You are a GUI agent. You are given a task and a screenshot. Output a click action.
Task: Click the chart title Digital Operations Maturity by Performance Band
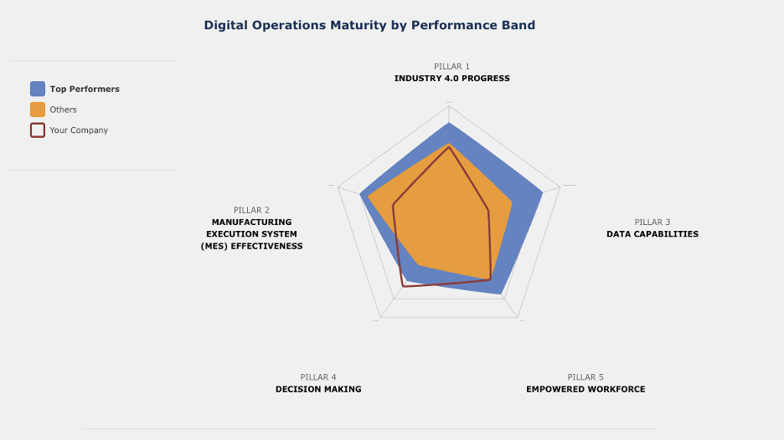369,25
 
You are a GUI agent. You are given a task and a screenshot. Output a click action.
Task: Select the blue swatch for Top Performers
38,89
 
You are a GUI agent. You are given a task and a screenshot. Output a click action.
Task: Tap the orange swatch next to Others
38,110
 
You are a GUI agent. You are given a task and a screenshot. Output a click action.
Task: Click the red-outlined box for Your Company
38,130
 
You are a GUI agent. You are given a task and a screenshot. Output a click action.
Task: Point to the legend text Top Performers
85,89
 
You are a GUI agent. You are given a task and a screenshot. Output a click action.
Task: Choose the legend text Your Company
79,130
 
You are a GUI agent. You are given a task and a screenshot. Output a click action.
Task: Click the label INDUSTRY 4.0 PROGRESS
451,79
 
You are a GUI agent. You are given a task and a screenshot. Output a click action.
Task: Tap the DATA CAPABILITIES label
652,234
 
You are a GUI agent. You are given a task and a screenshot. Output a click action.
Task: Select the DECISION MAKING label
318,389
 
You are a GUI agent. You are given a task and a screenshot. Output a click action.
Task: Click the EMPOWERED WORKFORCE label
585,389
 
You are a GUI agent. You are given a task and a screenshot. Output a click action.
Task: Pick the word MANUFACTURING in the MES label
251,223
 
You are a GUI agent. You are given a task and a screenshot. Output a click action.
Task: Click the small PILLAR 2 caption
251,210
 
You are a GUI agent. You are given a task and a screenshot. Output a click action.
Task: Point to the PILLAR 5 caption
585,377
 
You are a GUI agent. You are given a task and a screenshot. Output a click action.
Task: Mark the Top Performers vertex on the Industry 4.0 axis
449,123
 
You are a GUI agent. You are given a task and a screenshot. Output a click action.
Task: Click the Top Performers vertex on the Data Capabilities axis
543,192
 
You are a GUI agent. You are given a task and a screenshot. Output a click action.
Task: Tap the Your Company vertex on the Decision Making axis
403,287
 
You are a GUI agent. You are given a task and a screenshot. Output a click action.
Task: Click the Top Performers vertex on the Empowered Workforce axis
503,294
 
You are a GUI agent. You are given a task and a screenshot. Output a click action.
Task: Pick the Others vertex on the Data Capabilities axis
513,202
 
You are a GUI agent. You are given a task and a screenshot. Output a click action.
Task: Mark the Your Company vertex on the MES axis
393,205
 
